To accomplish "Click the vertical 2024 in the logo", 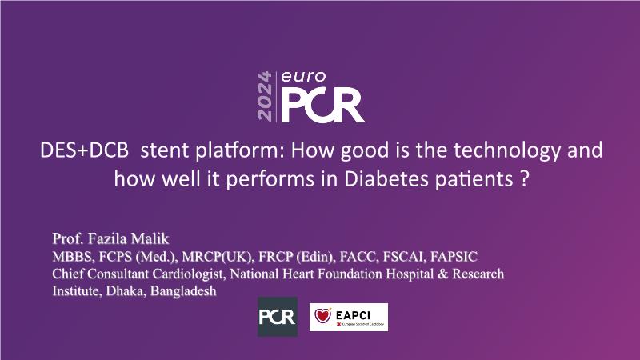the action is coord(265,96).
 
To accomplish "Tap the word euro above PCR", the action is coord(303,76).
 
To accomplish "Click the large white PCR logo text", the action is coord(322,106).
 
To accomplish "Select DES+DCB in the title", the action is coord(85,150).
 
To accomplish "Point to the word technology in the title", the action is coord(507,150).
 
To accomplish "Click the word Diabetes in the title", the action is coord(386,178).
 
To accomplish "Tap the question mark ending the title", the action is coord(525,178).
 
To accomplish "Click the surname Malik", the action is coord(150,238).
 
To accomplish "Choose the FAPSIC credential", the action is coord(454,257).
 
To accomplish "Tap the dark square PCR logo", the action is coord(278,317).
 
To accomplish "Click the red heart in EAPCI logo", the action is coord(322,315).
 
